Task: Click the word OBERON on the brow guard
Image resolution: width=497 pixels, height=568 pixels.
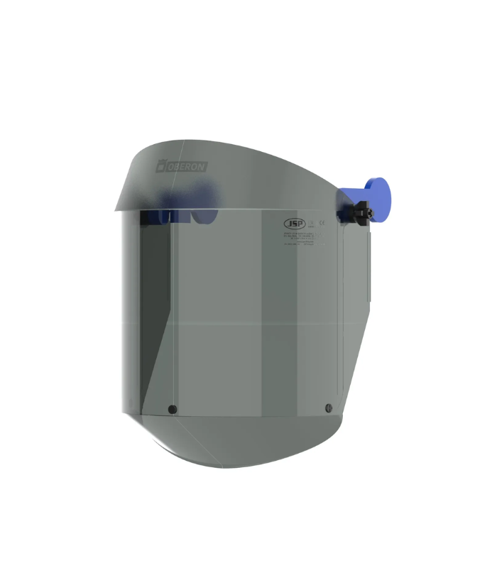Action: pos(186,165)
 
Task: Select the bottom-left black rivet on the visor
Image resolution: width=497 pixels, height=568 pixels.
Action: pos(172,409)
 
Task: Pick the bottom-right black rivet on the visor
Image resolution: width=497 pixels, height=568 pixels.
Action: pos(327,408)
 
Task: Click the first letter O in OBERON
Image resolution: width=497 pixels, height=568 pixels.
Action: pos(170,165)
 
